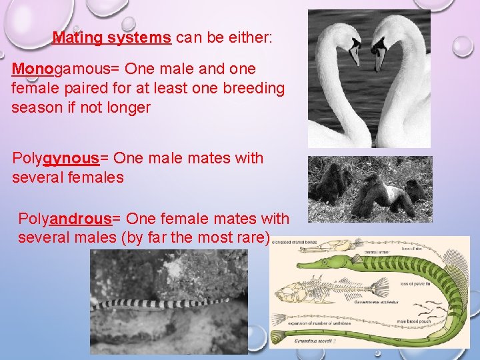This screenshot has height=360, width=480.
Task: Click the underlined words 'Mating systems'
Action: (112, 38)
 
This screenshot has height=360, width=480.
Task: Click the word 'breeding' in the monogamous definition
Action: (257, 88)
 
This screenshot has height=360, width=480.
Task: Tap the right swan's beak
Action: (379, 56)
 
